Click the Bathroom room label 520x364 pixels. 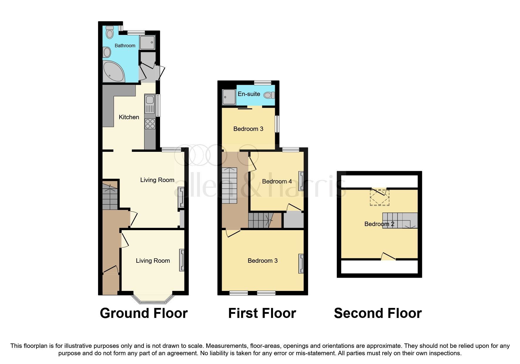click(125, 45)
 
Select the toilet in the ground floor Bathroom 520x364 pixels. click(110, 32)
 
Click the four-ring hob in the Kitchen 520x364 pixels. click(150, 123)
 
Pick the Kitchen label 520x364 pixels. click(129, 117)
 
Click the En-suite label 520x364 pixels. click(249, 94)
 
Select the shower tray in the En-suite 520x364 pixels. click(229, 97)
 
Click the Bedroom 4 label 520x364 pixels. click(277, 181)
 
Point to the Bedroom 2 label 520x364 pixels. click(379, 224)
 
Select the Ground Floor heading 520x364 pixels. click(144, 313)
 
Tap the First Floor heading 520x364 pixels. click(262, 313)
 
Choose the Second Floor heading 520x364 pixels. click(378, 313)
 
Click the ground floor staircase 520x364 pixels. click(110, 195)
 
